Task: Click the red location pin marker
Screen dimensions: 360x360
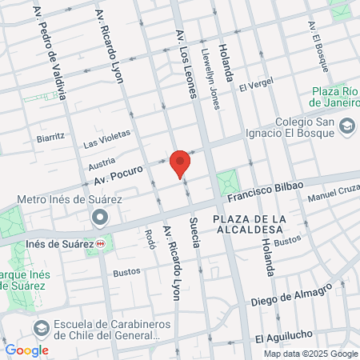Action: point(181,162)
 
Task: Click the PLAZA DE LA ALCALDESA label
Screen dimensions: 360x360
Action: point(250,224)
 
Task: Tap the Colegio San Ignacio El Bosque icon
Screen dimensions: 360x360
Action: point(347,126)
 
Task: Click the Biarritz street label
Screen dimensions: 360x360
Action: point(50,138)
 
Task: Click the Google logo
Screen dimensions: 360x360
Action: point(26,350)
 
